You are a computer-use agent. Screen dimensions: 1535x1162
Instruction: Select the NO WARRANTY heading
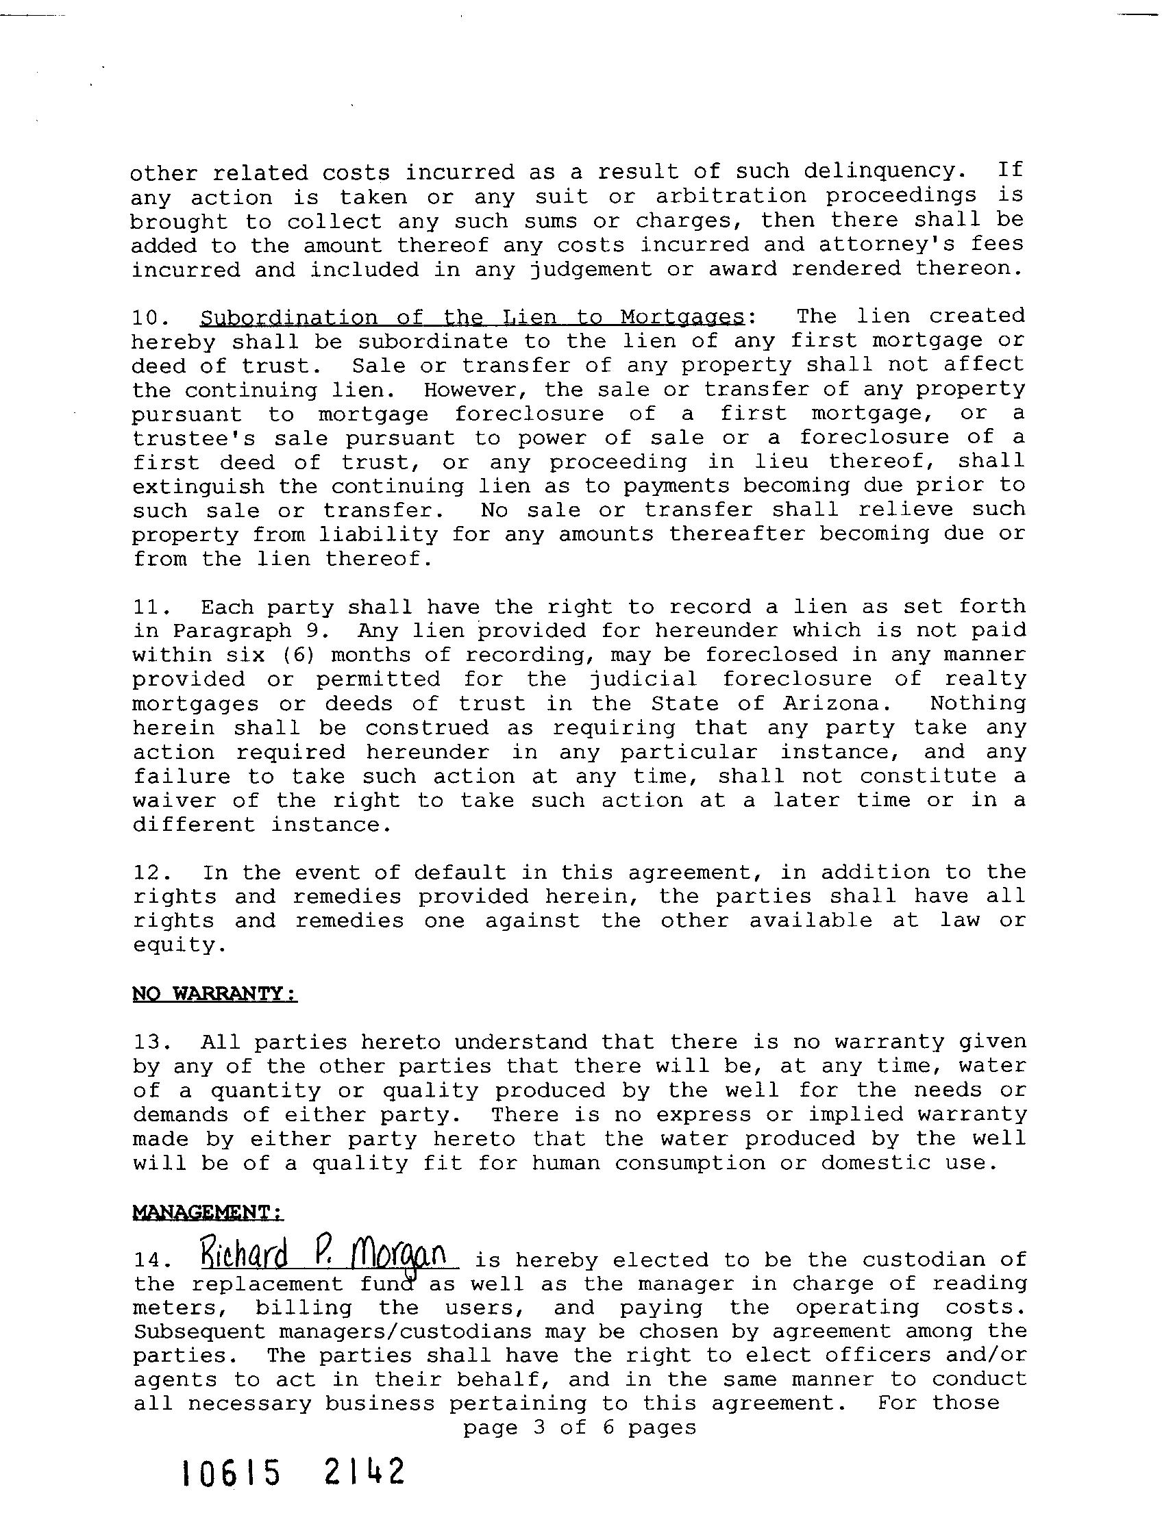click(214, 995)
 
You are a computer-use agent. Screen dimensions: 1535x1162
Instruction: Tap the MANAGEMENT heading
click(208, 1212)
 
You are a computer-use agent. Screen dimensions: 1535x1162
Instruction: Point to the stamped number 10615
click(231, 1492)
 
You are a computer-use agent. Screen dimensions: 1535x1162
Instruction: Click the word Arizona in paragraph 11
click(835, 703)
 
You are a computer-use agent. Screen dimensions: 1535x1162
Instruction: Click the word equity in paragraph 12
click(178, 947)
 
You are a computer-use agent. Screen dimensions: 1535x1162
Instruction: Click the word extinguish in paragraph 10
click(199, 486)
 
